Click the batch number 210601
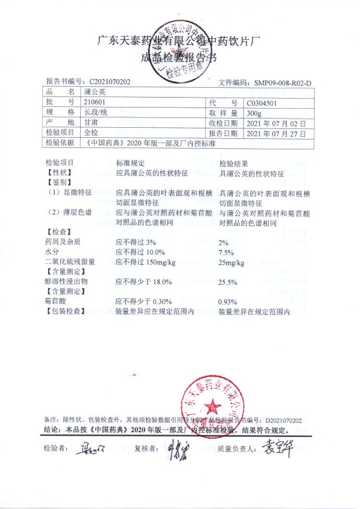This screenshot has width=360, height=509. coord(92,102)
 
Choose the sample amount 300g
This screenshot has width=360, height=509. coord(254,113)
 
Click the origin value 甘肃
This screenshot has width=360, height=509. coord(90,123)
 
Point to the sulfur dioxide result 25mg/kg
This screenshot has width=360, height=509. coord(231,263)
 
